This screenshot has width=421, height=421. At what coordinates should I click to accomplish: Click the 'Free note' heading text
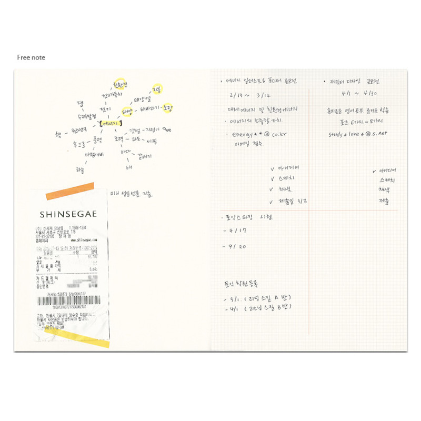click(x=31, y=57)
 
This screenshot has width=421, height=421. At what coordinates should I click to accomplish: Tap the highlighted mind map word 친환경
click(x=121, y=85)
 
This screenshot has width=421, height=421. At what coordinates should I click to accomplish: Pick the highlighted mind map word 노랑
click(x=167, y=108)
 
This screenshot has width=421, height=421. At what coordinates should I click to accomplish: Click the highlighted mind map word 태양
click(x=127, y=112)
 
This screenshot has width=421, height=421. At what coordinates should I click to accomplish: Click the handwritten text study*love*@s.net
click(x=357, y=134)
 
